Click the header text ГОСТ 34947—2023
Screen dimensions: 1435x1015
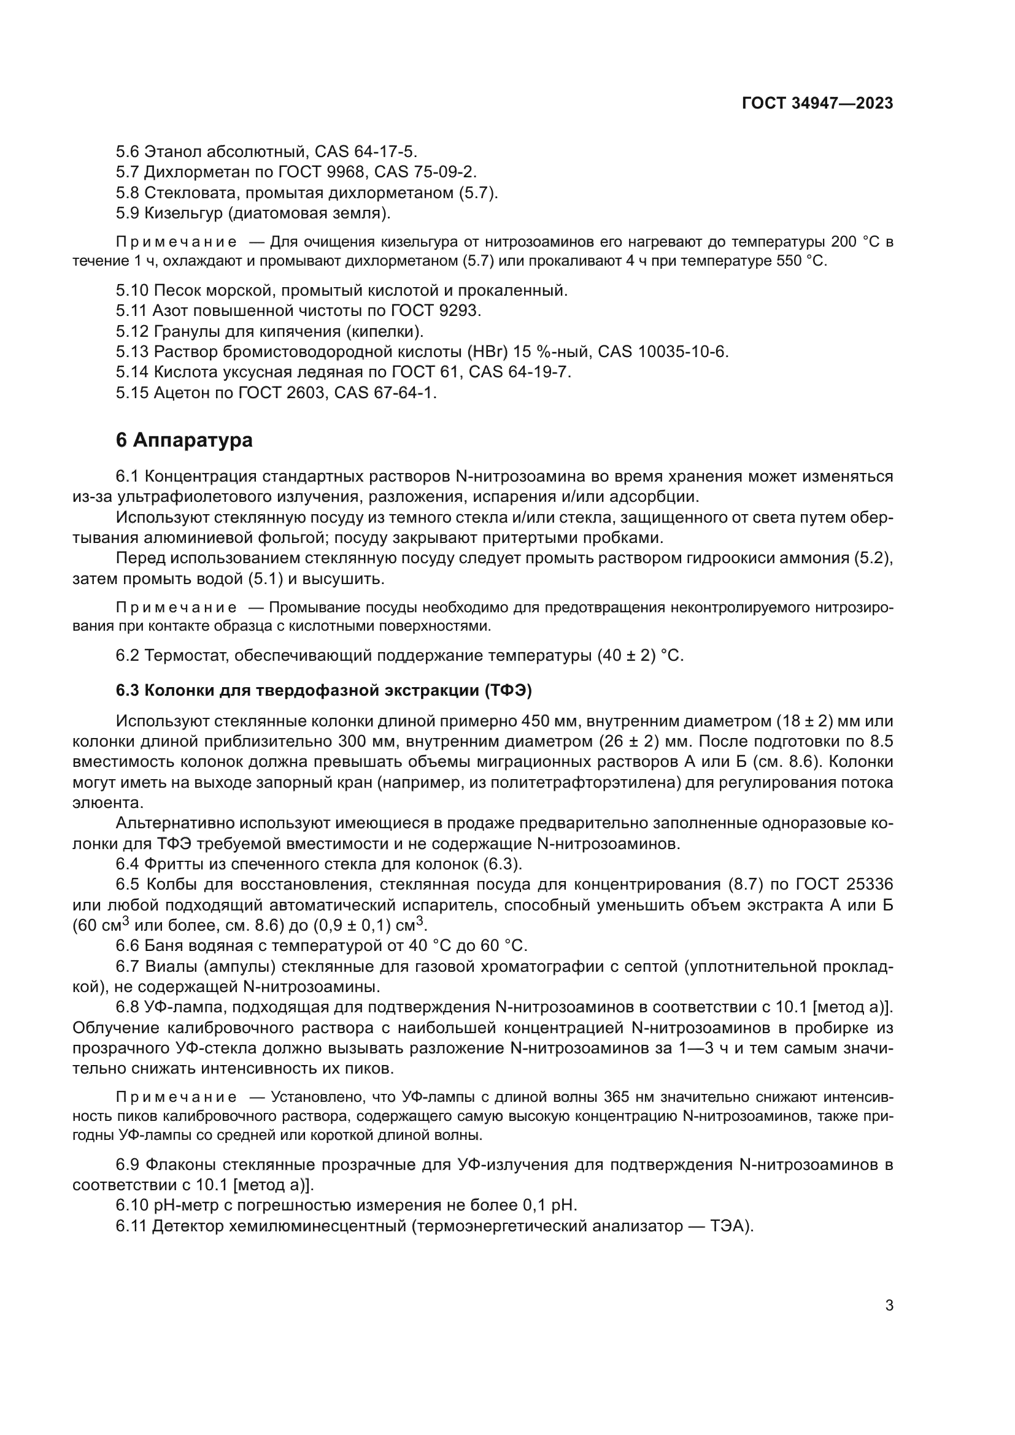pos(817,104)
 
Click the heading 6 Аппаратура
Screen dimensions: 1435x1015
pos(184,440)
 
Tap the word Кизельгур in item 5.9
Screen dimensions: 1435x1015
pos(183,213)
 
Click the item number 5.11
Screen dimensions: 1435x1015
pos(132,310)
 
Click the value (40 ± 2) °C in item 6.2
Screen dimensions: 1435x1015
pos(641,656)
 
